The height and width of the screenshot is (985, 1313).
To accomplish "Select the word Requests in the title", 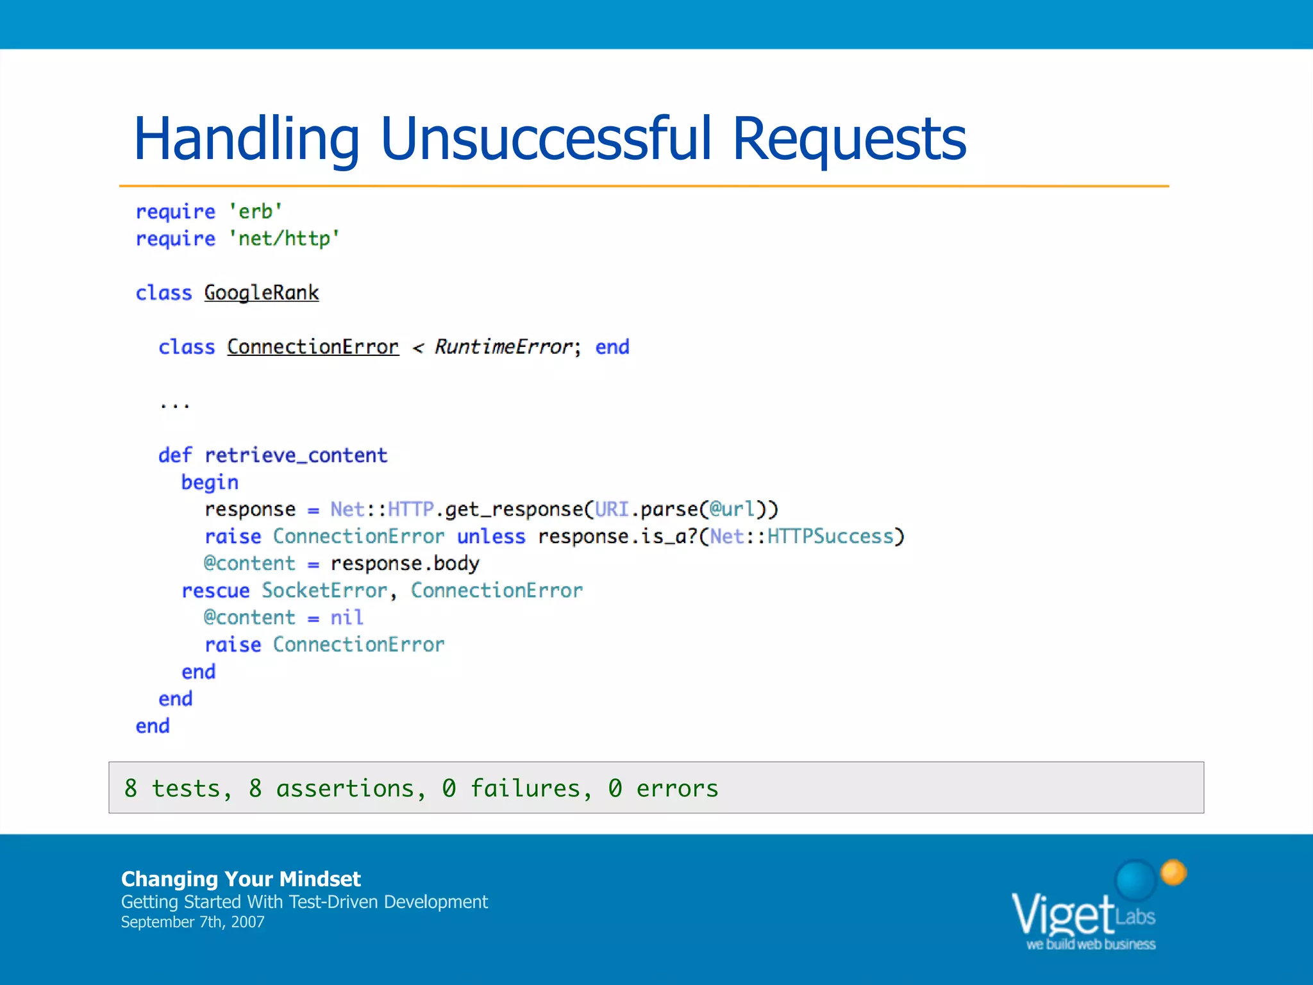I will point(849,140).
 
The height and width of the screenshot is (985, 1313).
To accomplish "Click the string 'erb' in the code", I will point(255,212).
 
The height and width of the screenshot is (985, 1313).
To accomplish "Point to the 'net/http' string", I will point(284,239).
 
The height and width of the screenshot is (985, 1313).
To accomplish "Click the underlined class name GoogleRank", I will point(262,293).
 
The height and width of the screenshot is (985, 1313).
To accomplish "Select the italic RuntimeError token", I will point(503,347).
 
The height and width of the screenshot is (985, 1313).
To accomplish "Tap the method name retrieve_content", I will point(296,455).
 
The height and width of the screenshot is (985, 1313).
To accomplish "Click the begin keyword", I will point(210,483).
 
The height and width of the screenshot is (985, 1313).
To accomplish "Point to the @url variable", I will point(732,509).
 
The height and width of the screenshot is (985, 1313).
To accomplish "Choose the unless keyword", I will point(491,537).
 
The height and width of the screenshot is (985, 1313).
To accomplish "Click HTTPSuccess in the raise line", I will point(830,537).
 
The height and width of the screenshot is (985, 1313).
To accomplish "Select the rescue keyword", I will point(215,591).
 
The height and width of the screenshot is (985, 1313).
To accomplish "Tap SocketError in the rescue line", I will point(324,591).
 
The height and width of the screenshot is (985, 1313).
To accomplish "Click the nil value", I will point(347,618).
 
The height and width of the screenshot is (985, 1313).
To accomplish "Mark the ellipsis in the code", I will point(174,405).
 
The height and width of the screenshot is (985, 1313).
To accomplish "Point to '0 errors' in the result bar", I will point(663,788).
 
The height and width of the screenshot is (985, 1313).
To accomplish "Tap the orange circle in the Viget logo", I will point(1173,872).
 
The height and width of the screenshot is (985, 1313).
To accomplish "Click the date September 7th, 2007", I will point(192,922).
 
